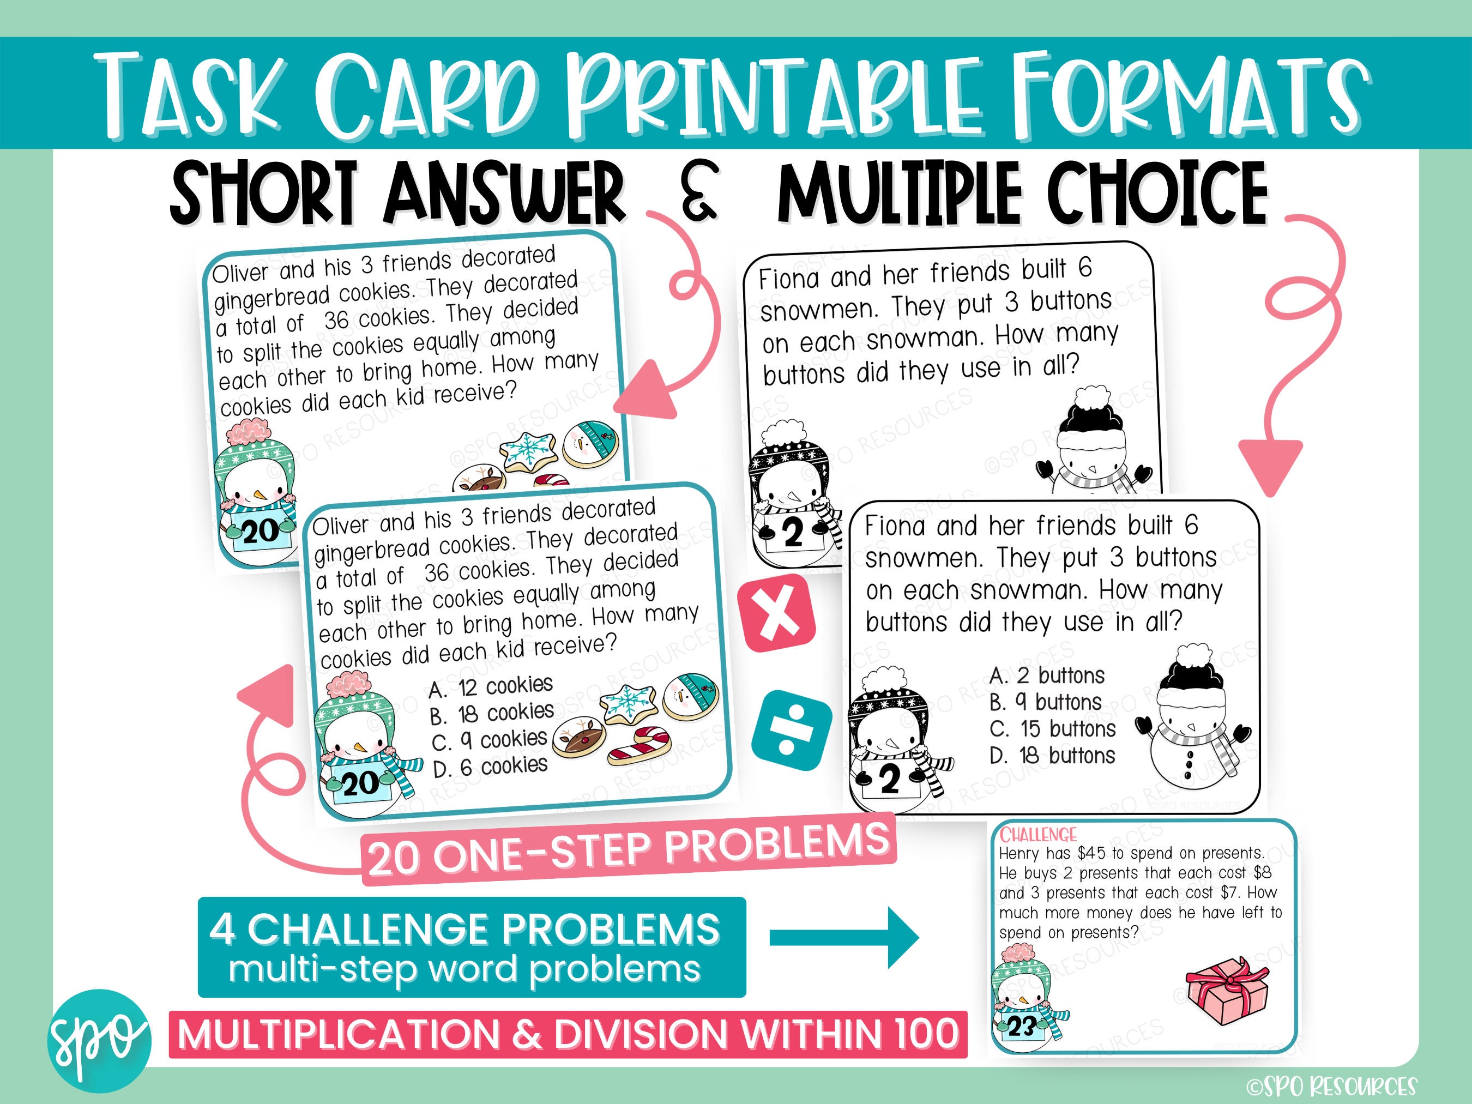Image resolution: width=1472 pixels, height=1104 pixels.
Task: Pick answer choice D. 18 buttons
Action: tap(1052, 756)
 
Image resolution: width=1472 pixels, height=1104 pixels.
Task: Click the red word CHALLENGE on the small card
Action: tap(1038, 835)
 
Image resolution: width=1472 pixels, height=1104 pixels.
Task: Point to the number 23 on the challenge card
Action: tap(1020, 1027)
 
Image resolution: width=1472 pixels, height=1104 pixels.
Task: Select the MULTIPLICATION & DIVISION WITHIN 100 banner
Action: tap(568, 1034)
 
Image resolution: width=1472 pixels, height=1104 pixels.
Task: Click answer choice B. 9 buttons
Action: tap(1046, 703)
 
